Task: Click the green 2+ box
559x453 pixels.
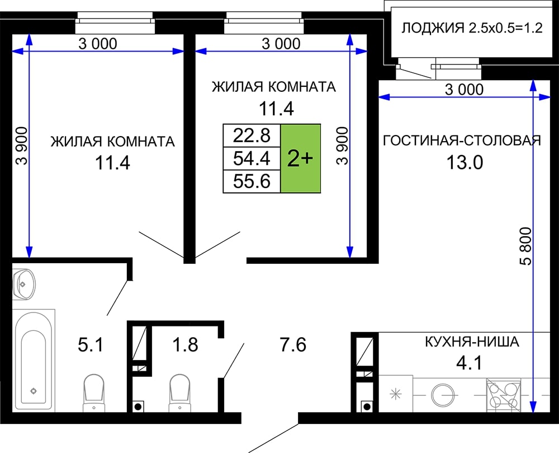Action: tap(301, 158)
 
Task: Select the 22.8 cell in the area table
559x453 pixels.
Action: tap(252, 136)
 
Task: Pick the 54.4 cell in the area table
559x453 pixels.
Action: tap(252, 158)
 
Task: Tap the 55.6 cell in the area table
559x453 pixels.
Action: tap(252, 181)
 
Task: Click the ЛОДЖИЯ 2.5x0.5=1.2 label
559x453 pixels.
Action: tap(472, 28)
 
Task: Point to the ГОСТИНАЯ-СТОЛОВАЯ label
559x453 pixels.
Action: tap(462, 141)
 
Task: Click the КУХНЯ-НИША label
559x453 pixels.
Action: tap(472, 342)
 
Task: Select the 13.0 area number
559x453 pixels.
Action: tap(465, 163)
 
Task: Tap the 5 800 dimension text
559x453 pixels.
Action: tap(526, 246)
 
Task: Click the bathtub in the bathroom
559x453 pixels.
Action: tap(34, 361)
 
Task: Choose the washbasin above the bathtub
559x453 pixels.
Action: tap(24, 284)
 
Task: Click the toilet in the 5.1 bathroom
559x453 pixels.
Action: tap(94, 393)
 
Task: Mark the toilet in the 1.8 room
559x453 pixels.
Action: tap(179, 393)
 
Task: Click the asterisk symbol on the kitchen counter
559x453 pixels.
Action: tap(395, 394)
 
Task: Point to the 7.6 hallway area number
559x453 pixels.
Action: tap(293, 345)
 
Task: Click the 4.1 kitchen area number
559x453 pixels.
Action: tap(470, 363)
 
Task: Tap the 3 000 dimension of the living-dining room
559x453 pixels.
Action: tap(464, 89)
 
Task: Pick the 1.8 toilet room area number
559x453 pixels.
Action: tap(185, 345)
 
